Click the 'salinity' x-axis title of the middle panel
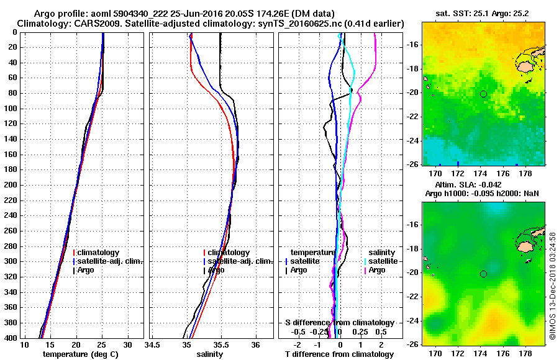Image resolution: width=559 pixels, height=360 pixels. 210,354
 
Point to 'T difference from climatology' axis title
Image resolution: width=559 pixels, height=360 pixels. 340,354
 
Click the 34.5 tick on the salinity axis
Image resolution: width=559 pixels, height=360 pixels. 152,344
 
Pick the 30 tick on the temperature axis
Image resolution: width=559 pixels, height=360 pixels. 127,344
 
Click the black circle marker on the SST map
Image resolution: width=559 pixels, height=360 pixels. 483,94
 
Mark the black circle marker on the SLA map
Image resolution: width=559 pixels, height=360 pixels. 483,274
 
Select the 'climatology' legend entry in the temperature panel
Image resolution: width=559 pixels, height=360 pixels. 99,253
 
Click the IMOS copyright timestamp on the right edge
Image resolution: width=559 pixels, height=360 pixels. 553,285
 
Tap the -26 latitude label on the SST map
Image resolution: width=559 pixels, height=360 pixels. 412,164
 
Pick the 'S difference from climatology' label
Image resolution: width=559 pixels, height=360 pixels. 340,323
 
